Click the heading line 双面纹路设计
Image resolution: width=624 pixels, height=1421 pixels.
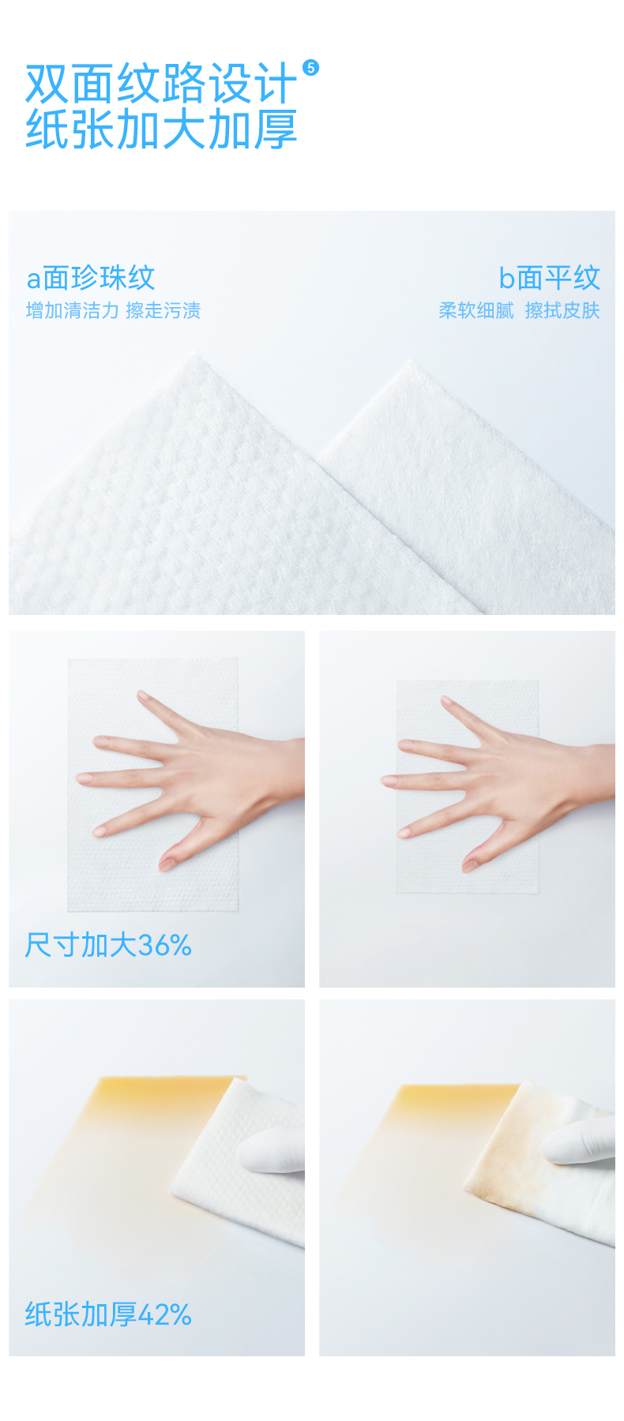click(x=161, y=84)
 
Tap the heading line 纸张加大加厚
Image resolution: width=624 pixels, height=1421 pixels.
click(x=161, y=129)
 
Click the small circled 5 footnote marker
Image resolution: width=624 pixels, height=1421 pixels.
click(x=311, y=68)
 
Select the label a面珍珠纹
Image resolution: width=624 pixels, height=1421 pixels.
click(x=91, y=278)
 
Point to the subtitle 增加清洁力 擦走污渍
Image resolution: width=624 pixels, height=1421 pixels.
click(x=114, y=310)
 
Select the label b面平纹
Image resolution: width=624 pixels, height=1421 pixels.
click(x=549, y=278)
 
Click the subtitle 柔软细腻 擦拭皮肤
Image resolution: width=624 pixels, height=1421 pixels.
click(x=519, y=310)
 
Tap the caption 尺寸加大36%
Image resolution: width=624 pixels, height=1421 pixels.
click(x=108, y=945)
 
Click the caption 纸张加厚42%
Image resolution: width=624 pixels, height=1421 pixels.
click(x=108, y=1314)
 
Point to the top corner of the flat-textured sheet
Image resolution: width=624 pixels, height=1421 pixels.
click(x=409, y=362)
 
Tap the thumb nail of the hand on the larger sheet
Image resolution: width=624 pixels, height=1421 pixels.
click(x=167, y=863)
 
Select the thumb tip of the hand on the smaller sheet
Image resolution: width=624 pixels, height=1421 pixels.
click(x=469, y=866)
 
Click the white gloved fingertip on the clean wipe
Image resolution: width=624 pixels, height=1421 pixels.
click(x=251, y=1149)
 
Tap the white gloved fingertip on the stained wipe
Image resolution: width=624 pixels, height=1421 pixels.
click(x=557, y=1142)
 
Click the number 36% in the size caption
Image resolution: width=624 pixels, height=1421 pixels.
click(x=165, y=945)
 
